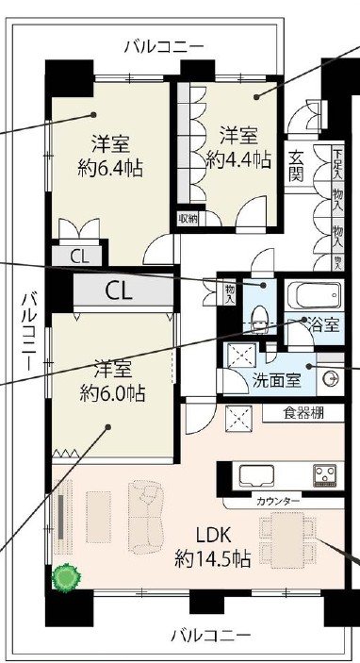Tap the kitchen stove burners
326,474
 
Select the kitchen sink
256,474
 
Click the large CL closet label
120,290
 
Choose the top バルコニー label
163,44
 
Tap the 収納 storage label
188,219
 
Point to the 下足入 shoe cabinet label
337,158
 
